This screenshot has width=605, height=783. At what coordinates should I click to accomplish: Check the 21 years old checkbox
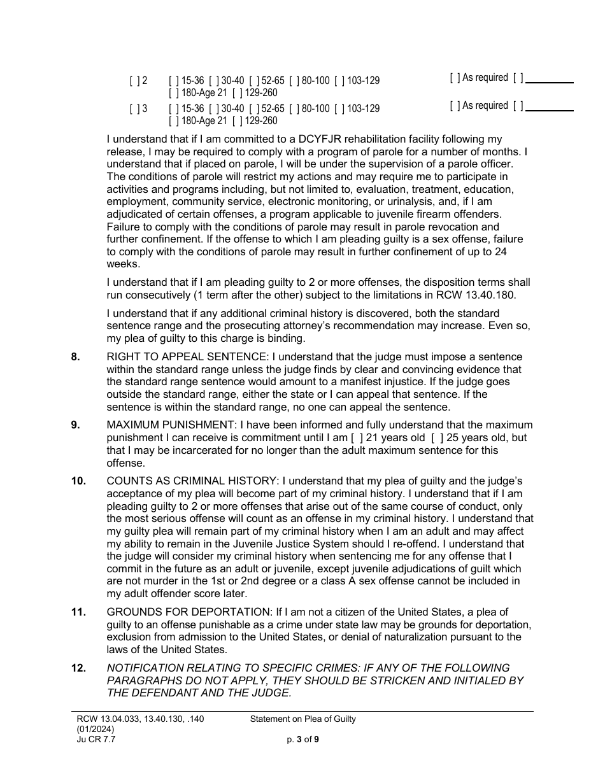coord(355,438)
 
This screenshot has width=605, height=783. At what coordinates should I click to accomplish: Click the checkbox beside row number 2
coord(134,81)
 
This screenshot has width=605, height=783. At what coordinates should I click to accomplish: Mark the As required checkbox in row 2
coord(455,78)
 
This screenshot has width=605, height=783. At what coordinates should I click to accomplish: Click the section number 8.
coord(76,357)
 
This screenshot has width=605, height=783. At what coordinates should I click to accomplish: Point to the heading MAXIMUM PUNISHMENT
coord(164,425)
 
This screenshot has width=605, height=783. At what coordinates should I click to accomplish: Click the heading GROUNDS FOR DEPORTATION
coord(180,612)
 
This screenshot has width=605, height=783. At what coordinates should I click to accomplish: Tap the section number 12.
coord(78,668)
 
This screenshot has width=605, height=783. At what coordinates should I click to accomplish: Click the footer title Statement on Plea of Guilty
coord(302,719)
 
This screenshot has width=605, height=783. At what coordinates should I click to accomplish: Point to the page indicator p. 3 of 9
coord(302,740)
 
